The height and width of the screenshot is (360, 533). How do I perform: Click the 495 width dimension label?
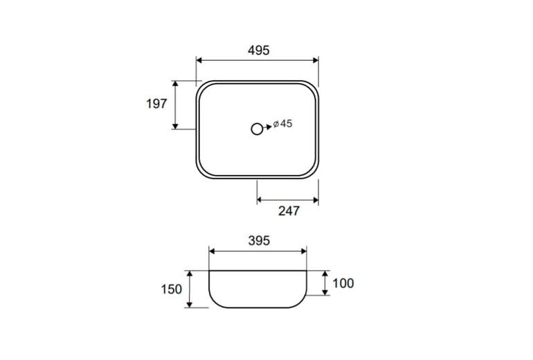point(259,51)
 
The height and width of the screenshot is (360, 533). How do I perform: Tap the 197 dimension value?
point(156,104)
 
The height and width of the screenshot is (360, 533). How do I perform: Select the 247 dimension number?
point(289,211)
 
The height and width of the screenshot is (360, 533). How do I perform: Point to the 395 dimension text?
point(259,241)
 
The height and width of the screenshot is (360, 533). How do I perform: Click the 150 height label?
point(172,289)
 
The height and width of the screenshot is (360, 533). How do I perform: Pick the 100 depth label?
point(343,283)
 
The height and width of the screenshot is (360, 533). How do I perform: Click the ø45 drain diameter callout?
point(282,124)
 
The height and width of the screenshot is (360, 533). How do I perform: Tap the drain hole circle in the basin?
point(257,129)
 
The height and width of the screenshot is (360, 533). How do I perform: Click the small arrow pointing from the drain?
point(267,127)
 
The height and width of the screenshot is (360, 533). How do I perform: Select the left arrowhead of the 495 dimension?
point(199,60)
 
